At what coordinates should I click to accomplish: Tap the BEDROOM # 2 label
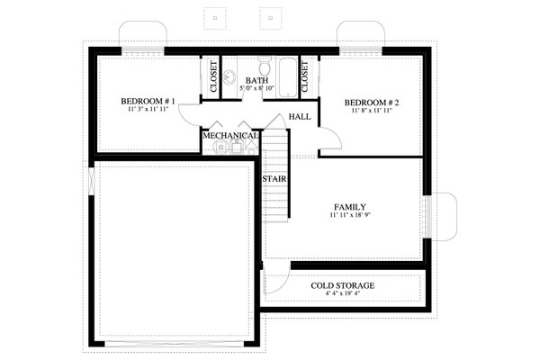pos(372,103)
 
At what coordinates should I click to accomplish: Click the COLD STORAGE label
pos(343,285)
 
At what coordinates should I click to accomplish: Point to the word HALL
pos(299,117)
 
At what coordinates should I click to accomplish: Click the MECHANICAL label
pos(230,136)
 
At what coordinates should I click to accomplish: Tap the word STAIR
pos(274,179)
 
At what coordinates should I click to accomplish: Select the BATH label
pos(256,81)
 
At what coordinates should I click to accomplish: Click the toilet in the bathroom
pos(265,67)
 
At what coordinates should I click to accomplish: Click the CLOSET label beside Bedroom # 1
pos(213,77)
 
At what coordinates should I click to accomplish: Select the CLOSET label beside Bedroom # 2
pos(305,77)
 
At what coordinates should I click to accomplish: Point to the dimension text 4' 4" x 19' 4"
pos(343,294)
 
